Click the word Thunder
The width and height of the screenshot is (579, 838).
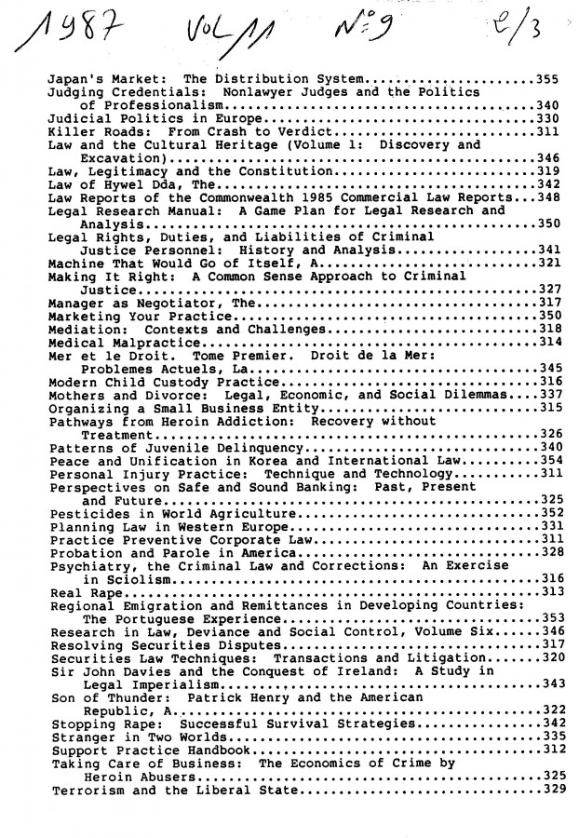pos(136,696)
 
